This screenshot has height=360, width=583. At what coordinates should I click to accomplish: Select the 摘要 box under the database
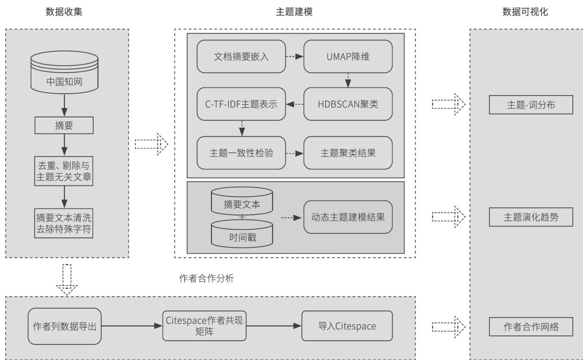tap(64, 126)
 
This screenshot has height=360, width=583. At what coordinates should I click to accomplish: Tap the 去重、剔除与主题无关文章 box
tap(64, 171)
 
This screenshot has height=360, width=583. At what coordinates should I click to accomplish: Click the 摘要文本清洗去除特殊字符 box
tap(64, 222)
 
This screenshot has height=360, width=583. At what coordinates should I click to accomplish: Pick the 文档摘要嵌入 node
tap(241, 56)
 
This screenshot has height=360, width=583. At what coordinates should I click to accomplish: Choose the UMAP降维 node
tap(348, 56)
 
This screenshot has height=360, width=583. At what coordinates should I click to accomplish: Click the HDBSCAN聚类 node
tap(348, 104)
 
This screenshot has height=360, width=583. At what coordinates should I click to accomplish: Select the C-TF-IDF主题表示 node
tap(241, 104)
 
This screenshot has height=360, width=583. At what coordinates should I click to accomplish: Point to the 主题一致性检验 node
tap(241, 153)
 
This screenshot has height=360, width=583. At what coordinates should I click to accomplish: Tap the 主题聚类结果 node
tap(348, 153)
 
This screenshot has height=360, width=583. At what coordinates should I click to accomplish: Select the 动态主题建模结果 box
tap(348, 217)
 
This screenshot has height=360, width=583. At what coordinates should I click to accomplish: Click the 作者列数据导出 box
tap(64, 326)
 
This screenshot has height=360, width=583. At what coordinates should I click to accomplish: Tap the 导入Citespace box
tap(347, 326)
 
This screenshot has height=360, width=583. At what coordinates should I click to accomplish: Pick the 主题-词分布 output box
tap(531, 105)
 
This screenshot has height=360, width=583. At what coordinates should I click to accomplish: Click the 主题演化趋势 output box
tap(531, 217)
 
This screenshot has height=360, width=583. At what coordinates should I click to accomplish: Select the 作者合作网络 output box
tap(531, 327)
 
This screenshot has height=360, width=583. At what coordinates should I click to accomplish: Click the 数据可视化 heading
tap(525, 12)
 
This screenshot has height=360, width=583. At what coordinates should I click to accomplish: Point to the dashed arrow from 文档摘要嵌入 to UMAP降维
tap(295, 56)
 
